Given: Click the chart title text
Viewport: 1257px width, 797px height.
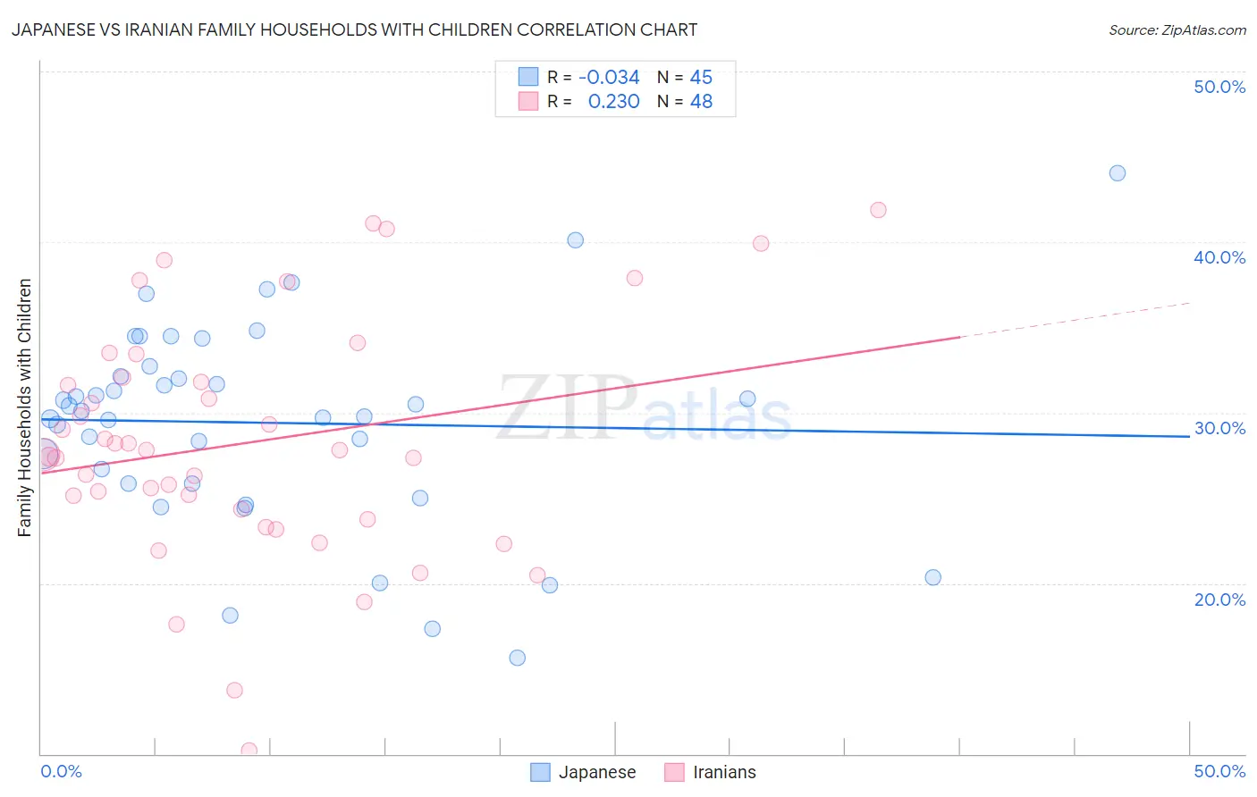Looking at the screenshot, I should [x=355, y=29].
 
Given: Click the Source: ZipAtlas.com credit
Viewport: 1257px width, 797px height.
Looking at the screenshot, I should [x=1177, y=29].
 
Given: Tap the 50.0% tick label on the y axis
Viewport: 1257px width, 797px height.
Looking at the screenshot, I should [x=1219, y=87].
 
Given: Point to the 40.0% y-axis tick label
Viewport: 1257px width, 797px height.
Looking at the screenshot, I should [x=1219, y=257].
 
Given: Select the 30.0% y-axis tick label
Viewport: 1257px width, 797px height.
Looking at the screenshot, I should [x=1219, y=428].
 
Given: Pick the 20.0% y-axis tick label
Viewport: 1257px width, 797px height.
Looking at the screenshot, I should [x=1219, y=600].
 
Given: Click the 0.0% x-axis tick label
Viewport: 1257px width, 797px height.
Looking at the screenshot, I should [x=61, y=771].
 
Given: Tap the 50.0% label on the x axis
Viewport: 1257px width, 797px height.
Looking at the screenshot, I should [x=1219, y=771].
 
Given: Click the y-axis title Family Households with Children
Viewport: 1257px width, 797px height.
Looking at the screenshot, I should [x=25, y=407].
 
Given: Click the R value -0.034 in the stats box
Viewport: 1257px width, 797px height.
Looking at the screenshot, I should [x=609, y=78].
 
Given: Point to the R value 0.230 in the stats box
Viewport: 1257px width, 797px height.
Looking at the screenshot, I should [x=613, y=102].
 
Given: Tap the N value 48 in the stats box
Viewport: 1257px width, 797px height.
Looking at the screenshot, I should [x=701, y=102].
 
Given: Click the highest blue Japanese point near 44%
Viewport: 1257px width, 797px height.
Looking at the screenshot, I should [x=1117, y=173].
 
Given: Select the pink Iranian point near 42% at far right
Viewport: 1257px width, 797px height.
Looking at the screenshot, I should [x=878, y=210].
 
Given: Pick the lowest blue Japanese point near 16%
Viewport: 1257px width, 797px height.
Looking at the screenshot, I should [x=517, y=658].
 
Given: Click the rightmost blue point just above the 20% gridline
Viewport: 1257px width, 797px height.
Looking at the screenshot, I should [x=932, y=577].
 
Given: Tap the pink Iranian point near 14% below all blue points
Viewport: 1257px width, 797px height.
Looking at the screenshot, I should [x=234, y=690].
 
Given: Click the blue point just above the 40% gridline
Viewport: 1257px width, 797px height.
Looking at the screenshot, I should [x=575, y=240].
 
